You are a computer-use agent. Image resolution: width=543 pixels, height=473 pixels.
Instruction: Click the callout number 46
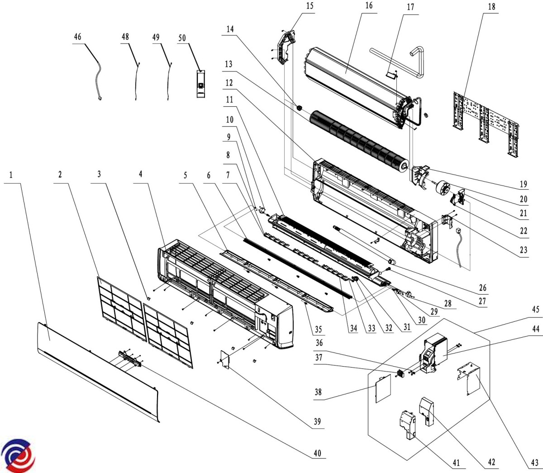tap(77, 37)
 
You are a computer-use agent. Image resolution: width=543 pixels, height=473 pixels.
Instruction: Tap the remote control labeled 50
tap(201, 84)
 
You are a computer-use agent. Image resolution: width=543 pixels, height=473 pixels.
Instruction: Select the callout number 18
tap(491, 7)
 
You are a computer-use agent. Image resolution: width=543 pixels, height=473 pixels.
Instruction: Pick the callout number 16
tap(369, 5)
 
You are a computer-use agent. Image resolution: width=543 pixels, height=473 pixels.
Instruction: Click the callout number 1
tap(10, 175)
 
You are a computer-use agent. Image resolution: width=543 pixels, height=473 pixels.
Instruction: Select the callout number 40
tap(317, 453)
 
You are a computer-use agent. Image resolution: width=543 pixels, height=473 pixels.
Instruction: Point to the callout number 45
tap(536, 310)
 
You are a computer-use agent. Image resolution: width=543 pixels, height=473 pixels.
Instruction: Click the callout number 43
tap(535, 463)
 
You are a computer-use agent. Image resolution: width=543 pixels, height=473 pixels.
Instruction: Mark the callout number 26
tap(483, 287)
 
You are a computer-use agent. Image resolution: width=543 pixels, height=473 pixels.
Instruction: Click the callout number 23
tap(524, 250)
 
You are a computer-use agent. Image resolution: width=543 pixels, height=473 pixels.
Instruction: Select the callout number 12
tap(229, 83)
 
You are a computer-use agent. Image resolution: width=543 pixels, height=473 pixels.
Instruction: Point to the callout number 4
tap(141, 174)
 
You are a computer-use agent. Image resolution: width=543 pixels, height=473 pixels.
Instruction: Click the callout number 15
tap(310, 6)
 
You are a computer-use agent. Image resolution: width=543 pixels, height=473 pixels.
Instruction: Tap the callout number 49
tap(156, 37)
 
